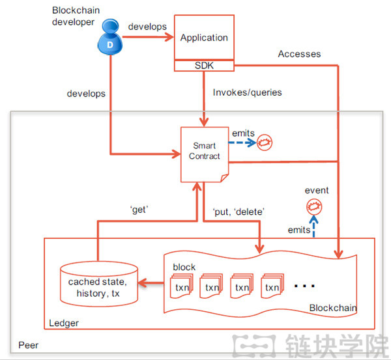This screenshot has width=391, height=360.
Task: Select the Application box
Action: click(203, 38)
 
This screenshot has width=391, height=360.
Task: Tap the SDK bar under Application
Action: click(203, 65)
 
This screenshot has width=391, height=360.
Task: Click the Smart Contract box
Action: click(205, 152)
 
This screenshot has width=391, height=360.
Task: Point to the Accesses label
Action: click(299, 54)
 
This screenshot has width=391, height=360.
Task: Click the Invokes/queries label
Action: click(247, 92)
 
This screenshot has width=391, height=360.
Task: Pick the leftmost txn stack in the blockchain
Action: click(182, 284)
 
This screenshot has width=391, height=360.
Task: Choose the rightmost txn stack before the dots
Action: click(272, 284)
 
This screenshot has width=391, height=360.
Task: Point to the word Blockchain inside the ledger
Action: click(332, 307)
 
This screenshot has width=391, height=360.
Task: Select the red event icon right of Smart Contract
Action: click(265, 141)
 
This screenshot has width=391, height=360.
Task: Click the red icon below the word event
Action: click(315, 208)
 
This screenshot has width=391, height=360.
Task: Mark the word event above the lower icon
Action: click(317, 190)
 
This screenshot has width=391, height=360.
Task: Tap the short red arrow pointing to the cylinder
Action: click(151, 283)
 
